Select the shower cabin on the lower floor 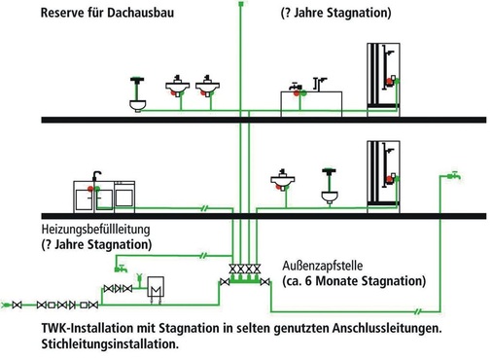coord(381,175)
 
